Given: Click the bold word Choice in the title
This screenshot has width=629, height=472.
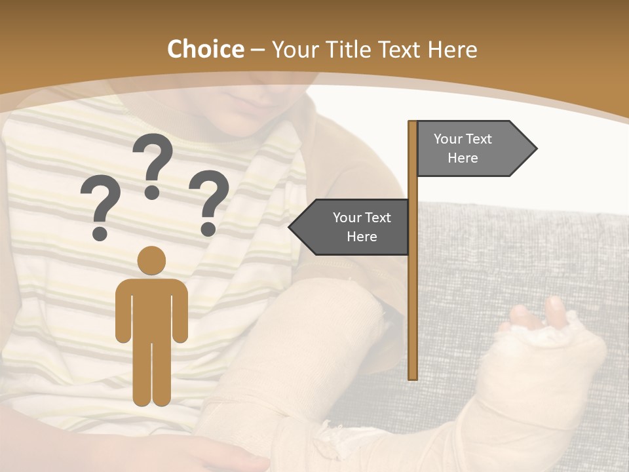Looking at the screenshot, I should pyautogui.click(x=205, y=50).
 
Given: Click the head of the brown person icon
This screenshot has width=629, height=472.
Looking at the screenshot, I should pyautogui.click(x=152, y=260).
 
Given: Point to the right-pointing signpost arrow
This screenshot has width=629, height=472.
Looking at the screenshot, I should pyautogui.click(x=472, y=149).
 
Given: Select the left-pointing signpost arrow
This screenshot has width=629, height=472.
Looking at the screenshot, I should pyautogui.click(x=354, y=227).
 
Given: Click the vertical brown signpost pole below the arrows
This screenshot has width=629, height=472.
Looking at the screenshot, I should pyautogui.click(x=413, y=315).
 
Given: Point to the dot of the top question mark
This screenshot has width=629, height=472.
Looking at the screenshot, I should pyautogui.click(x=153, y=192).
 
